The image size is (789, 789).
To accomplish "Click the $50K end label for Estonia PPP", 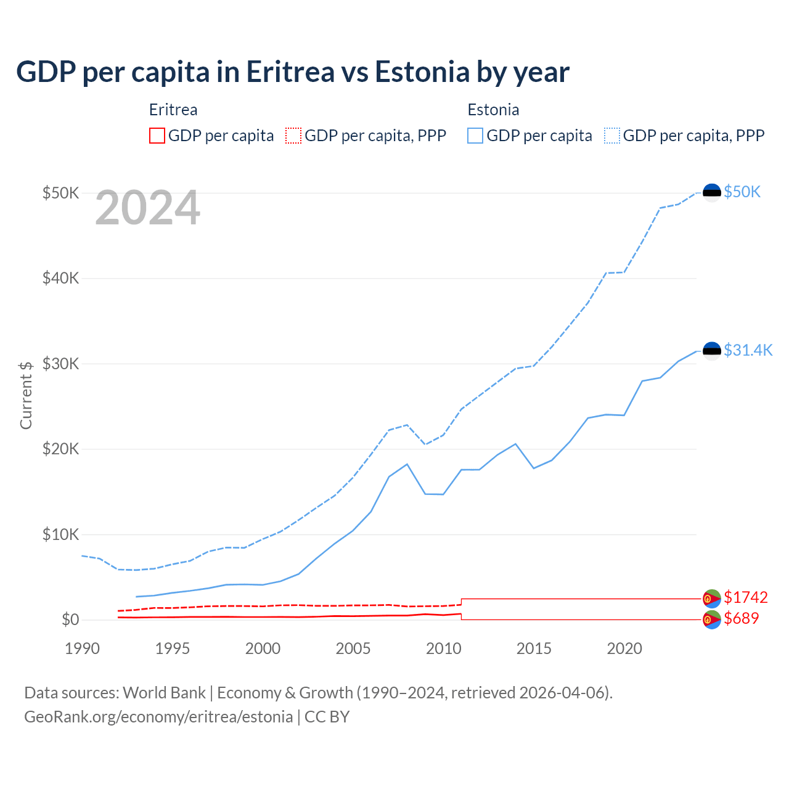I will click(x=742, y=192).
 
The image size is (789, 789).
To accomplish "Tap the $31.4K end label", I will click(x=748, y=351).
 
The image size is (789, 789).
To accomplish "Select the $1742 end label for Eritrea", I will click(x=745, y=597).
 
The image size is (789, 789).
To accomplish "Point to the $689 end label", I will click(x=741, y=618).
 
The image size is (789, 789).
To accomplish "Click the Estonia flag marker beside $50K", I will click(x=712, y=193).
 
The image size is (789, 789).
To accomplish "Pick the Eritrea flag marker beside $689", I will click(x=712, y=619).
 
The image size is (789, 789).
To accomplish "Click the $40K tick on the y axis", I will click(x=60, y=278).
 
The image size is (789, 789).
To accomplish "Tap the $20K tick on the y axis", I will click(x=60, y=449).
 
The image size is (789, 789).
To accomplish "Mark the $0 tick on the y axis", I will click(x=70, y=619).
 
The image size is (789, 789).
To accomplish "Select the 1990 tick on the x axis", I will click(x=82, y=648).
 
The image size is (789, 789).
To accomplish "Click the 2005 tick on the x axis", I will click(x=353, y=648).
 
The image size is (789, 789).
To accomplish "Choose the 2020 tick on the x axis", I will click(x=624, y=648).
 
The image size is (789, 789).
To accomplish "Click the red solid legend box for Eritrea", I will click(x=157, y=136).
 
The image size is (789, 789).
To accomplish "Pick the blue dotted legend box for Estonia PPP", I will click(x=612, y=136).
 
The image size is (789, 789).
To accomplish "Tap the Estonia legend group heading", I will click(x=493, y=110).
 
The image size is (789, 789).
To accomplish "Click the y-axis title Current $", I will click(x=26, y=395).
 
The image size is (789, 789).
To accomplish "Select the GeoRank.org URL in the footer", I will click(x=158, y=717).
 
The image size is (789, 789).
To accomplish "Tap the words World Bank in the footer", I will click(x=164, y=693).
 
